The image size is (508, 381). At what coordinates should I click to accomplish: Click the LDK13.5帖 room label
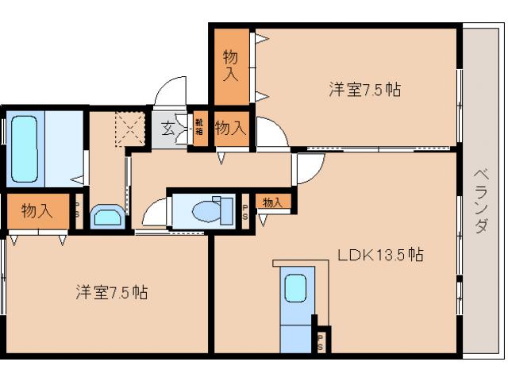379,255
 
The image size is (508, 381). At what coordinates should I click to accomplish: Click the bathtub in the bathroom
25,148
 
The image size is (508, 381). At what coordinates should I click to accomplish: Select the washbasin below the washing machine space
106,216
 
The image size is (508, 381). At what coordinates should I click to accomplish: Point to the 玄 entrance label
168,128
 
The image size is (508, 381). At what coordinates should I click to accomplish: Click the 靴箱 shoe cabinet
198,127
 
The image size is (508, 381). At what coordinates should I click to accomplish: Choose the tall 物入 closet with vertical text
230,66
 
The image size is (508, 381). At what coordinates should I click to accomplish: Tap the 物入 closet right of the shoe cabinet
230,128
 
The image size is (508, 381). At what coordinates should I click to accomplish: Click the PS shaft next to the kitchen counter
321,341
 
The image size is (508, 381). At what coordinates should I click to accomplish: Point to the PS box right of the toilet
244,210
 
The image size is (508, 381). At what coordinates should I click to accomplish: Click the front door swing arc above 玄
168,94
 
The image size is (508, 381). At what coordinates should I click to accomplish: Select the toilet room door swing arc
155,214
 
